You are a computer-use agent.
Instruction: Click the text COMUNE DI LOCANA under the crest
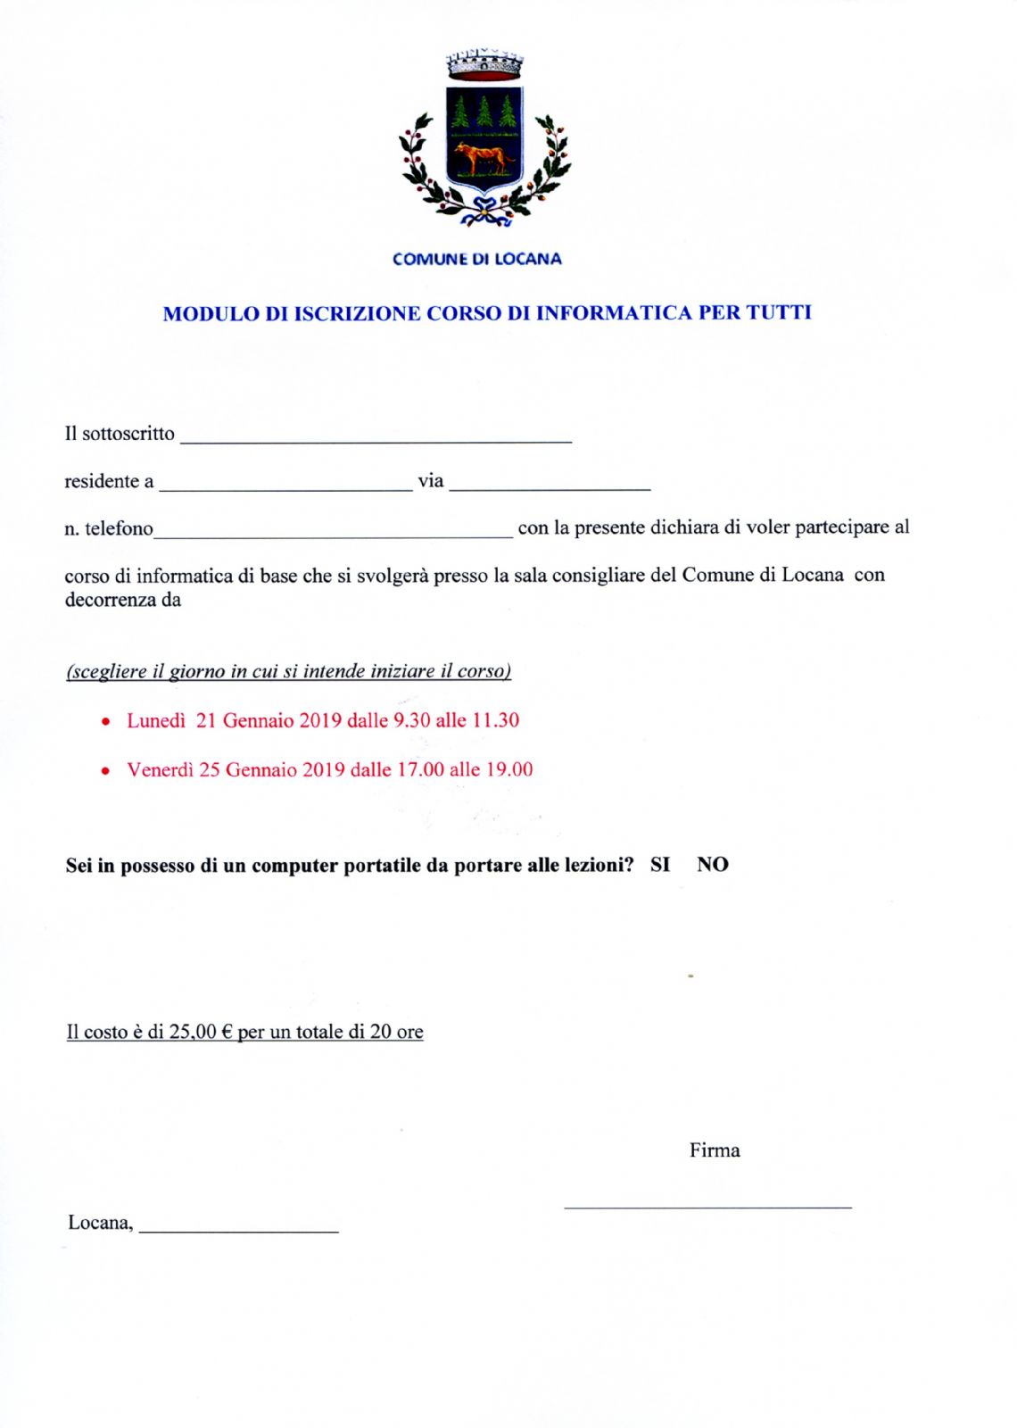tap(477, 259)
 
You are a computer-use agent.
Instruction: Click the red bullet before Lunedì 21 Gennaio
tap(107, 721)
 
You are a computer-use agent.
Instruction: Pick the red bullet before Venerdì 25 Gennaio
tap(107, 770)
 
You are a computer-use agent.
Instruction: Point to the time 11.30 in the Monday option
tap(495, 720)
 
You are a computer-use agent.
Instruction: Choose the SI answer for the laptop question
tap(660, 865)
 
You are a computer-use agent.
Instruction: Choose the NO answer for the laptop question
tap(713, 865)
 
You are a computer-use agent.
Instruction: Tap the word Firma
tap(715, 1150)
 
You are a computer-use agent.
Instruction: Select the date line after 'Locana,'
tap(239, 1230)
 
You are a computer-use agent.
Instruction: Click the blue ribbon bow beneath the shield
tap(484, 211)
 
